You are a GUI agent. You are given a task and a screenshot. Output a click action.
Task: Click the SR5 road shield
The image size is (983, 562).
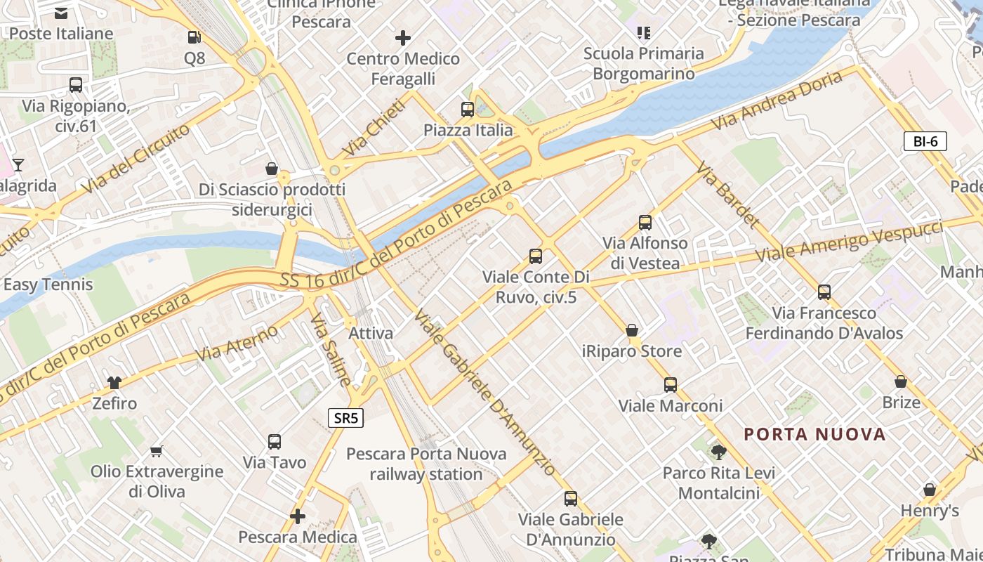click(x=346, y=419)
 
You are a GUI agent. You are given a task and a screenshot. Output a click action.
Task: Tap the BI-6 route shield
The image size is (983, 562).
click(x=925, y=141)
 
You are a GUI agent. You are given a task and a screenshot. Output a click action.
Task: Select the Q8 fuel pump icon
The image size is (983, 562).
click(x=194, y=37)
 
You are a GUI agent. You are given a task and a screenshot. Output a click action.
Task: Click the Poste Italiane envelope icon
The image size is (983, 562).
click(x=61, y=12)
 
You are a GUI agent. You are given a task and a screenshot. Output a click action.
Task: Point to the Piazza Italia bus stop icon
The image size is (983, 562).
click(x=468, y=109)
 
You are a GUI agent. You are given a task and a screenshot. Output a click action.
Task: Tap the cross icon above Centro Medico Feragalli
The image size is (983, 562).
click(x=403, y=37)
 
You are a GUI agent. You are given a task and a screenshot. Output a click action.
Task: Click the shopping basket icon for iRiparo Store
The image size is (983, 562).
click(x=632, y=329)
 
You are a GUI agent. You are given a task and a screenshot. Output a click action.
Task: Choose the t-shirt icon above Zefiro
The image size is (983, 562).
click(x=114, y=382)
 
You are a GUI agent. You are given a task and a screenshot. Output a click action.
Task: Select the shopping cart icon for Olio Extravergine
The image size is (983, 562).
click(x=157, y=450)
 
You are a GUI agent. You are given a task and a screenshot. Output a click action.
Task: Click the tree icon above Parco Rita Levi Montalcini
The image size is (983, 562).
click(x=718, y=452)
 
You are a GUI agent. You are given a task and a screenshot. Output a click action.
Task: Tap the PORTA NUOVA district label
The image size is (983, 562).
click(x=814, y=434)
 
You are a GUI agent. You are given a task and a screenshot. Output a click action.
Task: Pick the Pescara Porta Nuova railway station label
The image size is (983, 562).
click(x=426, y=464)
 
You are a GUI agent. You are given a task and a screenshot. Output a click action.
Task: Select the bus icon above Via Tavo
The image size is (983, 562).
click(x=275, y=441)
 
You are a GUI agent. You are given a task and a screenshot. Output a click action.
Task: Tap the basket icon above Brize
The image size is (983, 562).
click(x=901, y=381)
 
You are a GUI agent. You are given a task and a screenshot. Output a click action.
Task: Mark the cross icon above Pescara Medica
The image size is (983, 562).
click(x=298, y=516)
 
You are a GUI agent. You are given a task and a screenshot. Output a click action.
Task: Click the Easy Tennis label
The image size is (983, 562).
click(x=48, y=285)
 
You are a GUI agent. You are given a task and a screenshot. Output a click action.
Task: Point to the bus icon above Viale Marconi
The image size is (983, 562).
click(x=671, y=384)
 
